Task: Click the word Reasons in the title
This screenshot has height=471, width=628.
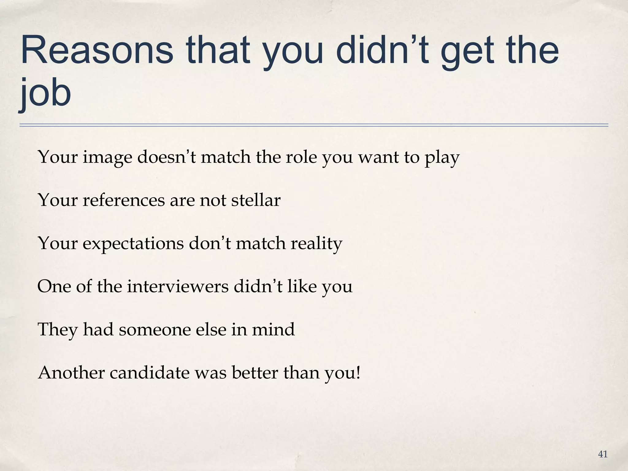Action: click(97, 50)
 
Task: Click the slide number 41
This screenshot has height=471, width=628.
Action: click(603, 454)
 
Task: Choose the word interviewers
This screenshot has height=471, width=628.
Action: click(178, 286)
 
